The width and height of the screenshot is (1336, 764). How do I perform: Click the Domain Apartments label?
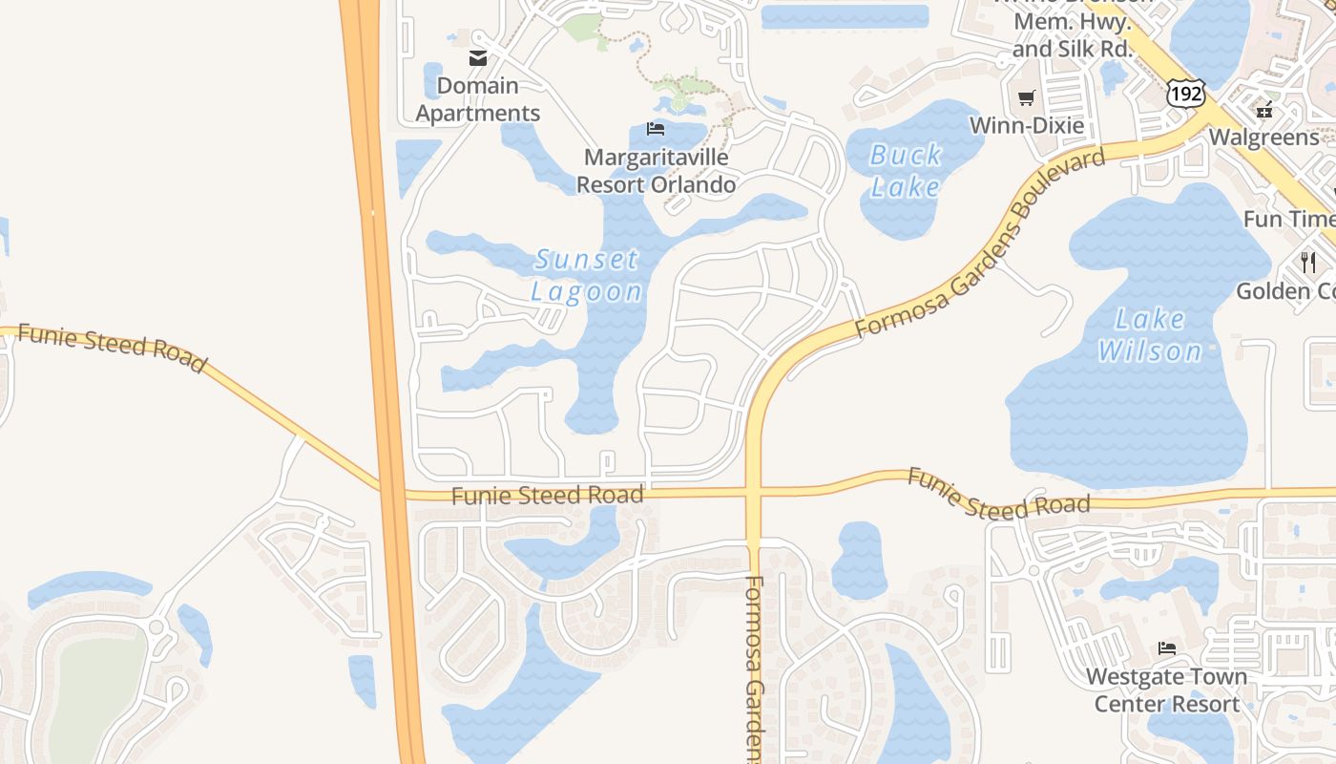478,99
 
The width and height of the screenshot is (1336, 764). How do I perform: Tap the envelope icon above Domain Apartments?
478,58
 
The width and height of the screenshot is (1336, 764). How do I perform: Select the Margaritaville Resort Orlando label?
658,171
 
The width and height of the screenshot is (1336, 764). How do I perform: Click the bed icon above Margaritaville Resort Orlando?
656,128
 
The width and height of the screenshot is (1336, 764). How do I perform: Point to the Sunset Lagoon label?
587,275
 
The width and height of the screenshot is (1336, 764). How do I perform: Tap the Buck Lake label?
906,170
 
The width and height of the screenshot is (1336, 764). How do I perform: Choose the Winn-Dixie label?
1026,125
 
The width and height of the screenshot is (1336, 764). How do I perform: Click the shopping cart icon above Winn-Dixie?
1027,97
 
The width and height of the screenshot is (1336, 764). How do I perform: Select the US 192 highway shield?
1185,94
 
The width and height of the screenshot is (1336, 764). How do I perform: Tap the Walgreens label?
1263,138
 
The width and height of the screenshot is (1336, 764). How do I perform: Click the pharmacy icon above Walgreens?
1265,110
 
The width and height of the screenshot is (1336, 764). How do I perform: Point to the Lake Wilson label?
1150,334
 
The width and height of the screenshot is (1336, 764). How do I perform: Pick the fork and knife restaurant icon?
1307,262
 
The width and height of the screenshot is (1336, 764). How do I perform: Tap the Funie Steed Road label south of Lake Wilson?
998,493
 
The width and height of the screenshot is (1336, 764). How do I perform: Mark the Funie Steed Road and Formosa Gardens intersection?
754,493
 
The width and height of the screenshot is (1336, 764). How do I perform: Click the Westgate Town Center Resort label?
1166,690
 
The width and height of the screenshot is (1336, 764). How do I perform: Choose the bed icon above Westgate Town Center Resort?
1167,648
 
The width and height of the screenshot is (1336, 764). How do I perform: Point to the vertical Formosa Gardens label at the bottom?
755,668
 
